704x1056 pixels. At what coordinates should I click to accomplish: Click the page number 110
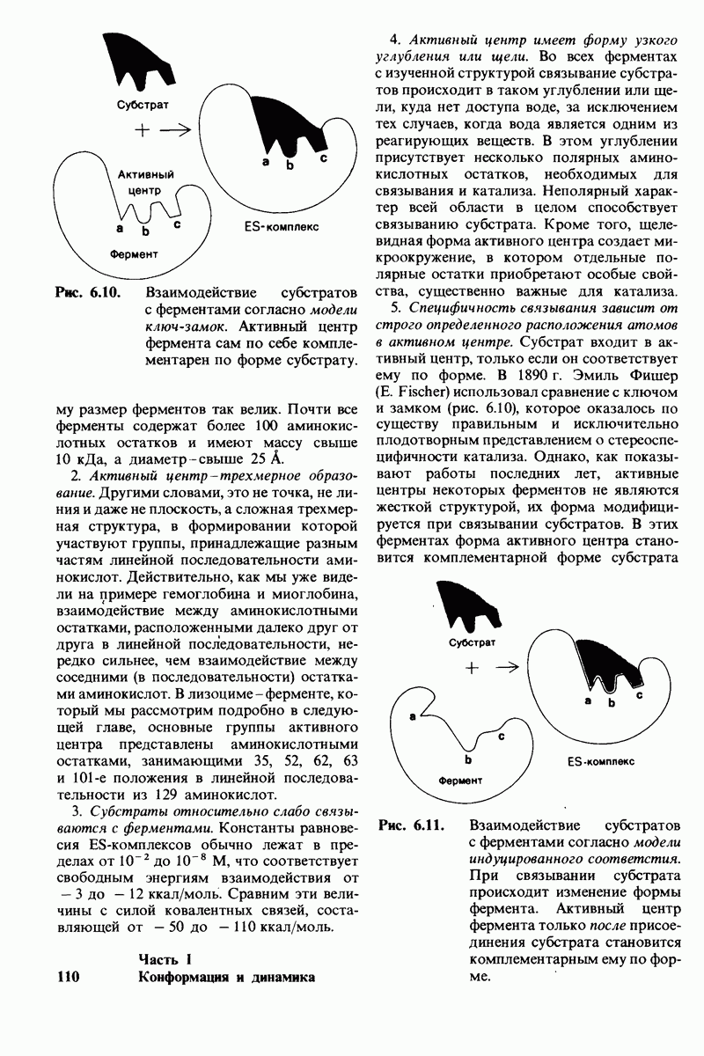(69, 976)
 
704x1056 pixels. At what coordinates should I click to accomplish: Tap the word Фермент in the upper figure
(134, 253)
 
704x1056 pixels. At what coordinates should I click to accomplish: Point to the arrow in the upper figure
(177, 129)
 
